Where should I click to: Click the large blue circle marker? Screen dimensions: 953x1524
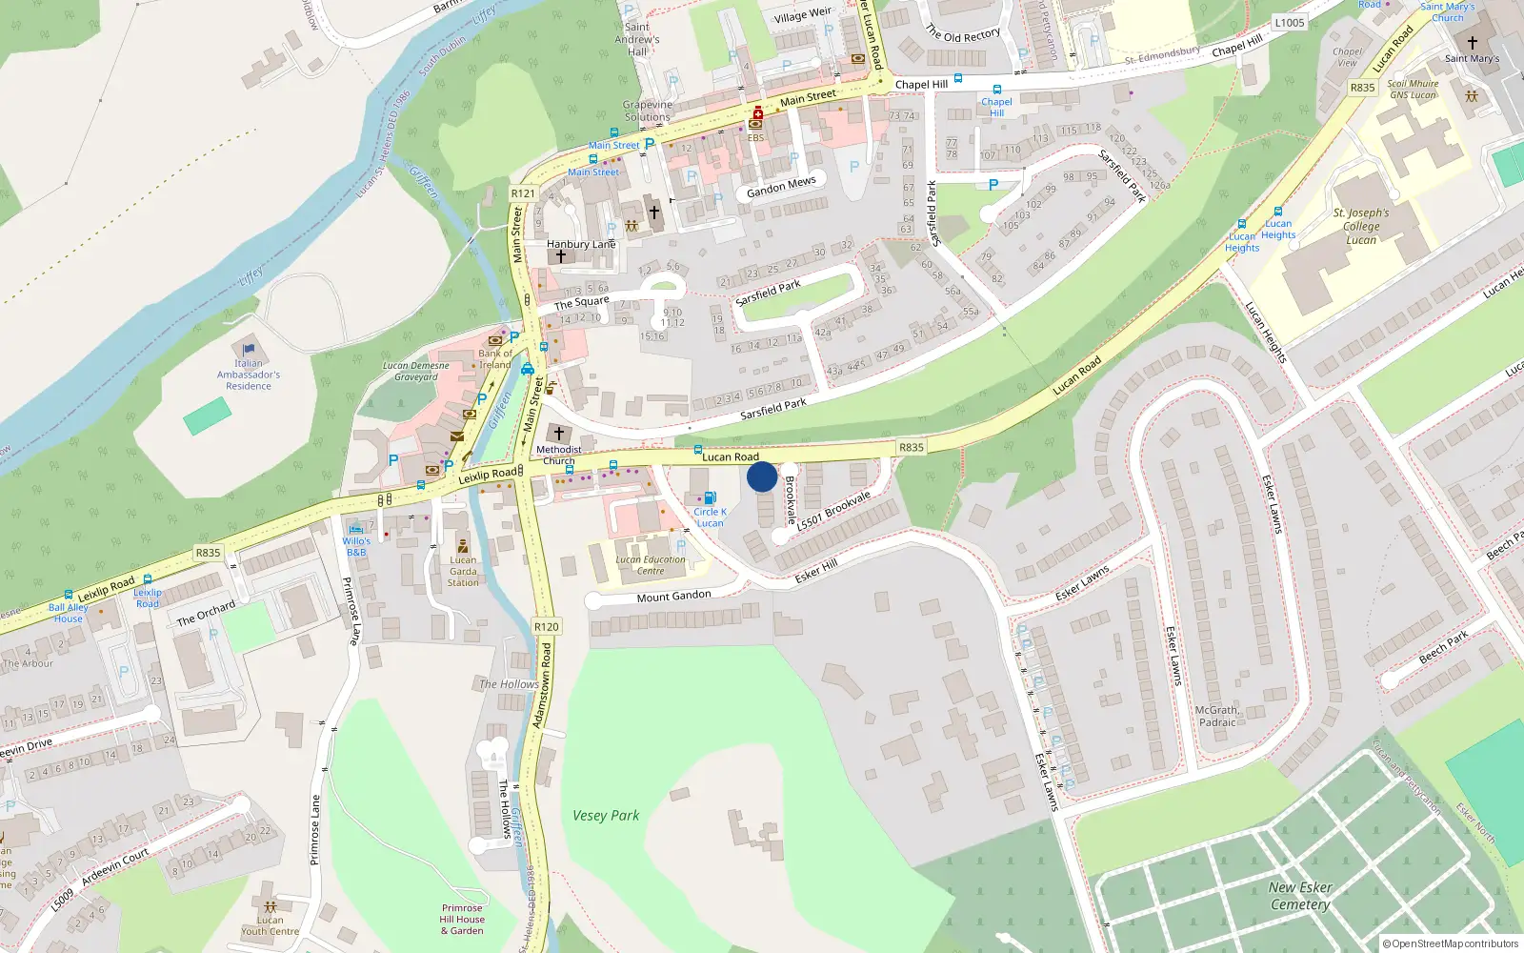(x=762, y=476)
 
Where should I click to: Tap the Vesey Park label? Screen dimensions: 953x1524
(x=606, y=816)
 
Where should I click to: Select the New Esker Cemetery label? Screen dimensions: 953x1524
(x=1300, y=896)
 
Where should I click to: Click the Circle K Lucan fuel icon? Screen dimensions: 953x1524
(x=710, y=498)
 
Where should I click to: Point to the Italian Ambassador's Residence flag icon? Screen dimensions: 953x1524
(x=249, y=350)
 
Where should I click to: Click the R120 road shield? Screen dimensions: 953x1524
(x=547, y=626)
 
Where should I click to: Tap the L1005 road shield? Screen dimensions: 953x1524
(x=1290, y=23)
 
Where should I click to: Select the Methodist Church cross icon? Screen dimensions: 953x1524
(x=559, y=434)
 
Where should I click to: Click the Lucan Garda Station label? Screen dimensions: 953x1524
(x=463, y=571)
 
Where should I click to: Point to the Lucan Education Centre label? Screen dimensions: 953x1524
(x=651, y=565)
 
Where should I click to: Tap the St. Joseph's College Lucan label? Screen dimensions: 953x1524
(x=1361, y=227)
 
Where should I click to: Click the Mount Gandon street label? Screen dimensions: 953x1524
(x=673, y=597)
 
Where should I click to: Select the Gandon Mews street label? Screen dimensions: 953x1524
(x=781, y=187)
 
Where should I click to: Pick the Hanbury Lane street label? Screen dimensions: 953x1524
(x=581, y=244)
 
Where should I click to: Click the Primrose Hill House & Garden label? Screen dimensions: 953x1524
(x=462, y=920)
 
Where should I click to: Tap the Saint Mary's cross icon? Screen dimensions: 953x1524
(x=1473, y=43)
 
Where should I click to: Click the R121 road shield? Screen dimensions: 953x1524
(x=523, y=193)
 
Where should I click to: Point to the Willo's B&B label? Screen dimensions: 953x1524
(x=356, y=547)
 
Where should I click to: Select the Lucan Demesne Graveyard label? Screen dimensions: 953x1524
(x=416, y=371)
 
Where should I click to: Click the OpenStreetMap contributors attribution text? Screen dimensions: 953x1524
(x=1451, y=943)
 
